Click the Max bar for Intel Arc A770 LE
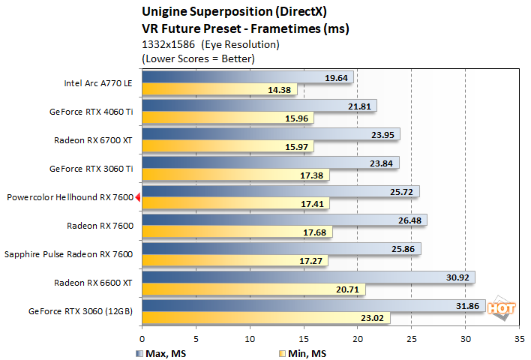[x=247, y=76]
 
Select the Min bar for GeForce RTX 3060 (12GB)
[x=265, y=317]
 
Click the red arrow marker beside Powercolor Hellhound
[x=137, y=197]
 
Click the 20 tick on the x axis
[x=357, y=337]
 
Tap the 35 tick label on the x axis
[x=519, y=337]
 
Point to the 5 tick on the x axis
[x=196, y=337]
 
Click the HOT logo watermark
[x=496, y=307]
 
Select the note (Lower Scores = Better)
[x=198, y=58]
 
